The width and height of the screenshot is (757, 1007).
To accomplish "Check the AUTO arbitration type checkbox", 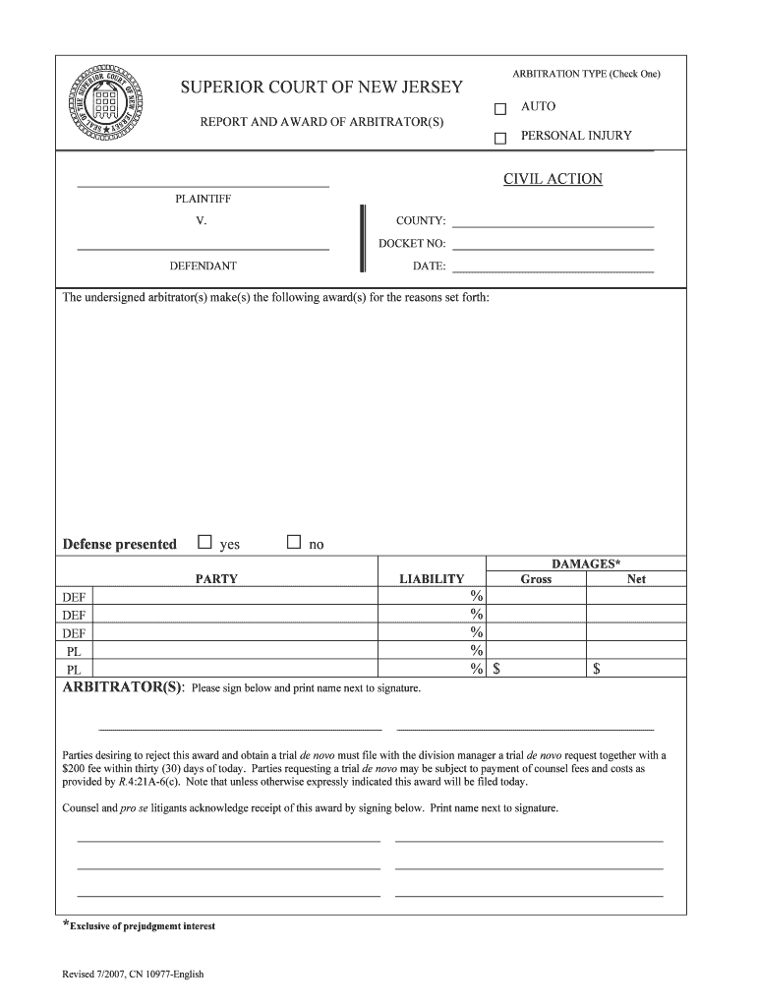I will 499,108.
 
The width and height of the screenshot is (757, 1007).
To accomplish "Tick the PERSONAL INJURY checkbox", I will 499,138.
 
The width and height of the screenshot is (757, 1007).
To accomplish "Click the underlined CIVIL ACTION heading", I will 553,179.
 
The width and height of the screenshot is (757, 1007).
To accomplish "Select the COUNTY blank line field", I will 553,221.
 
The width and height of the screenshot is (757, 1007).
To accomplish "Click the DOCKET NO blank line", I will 553,244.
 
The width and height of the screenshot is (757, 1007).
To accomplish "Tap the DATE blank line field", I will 553,267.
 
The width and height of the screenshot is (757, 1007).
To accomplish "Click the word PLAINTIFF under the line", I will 203,199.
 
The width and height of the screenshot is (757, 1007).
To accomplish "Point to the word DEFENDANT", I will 203,266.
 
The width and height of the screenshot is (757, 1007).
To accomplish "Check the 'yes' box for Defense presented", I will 204,542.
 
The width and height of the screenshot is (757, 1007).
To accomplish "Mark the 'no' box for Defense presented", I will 293,542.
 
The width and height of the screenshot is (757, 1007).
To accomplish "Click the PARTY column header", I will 216,579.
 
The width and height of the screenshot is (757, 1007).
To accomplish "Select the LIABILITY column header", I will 432,579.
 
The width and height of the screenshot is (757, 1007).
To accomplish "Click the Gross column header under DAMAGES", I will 536,579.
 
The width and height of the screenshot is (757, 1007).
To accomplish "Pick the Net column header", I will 636,579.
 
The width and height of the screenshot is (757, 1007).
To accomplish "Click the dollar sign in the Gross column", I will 497,670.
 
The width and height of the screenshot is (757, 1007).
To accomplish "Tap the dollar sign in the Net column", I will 596,670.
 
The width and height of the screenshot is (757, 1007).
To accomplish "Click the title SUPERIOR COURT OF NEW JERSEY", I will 320,89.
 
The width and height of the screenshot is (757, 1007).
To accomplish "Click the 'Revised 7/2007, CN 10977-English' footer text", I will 133,975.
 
